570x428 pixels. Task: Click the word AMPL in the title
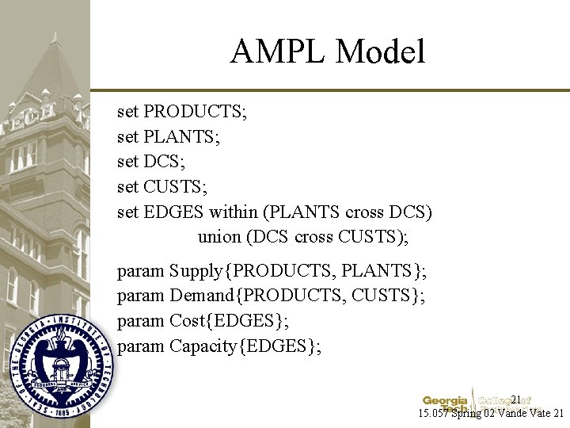pos(278,52)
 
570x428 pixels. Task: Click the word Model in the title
pos(380,52)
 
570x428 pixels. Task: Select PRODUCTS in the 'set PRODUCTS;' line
pos(195,112)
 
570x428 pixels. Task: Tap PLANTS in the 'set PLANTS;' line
pos(182,137)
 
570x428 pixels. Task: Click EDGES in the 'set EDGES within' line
pos(175,212)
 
